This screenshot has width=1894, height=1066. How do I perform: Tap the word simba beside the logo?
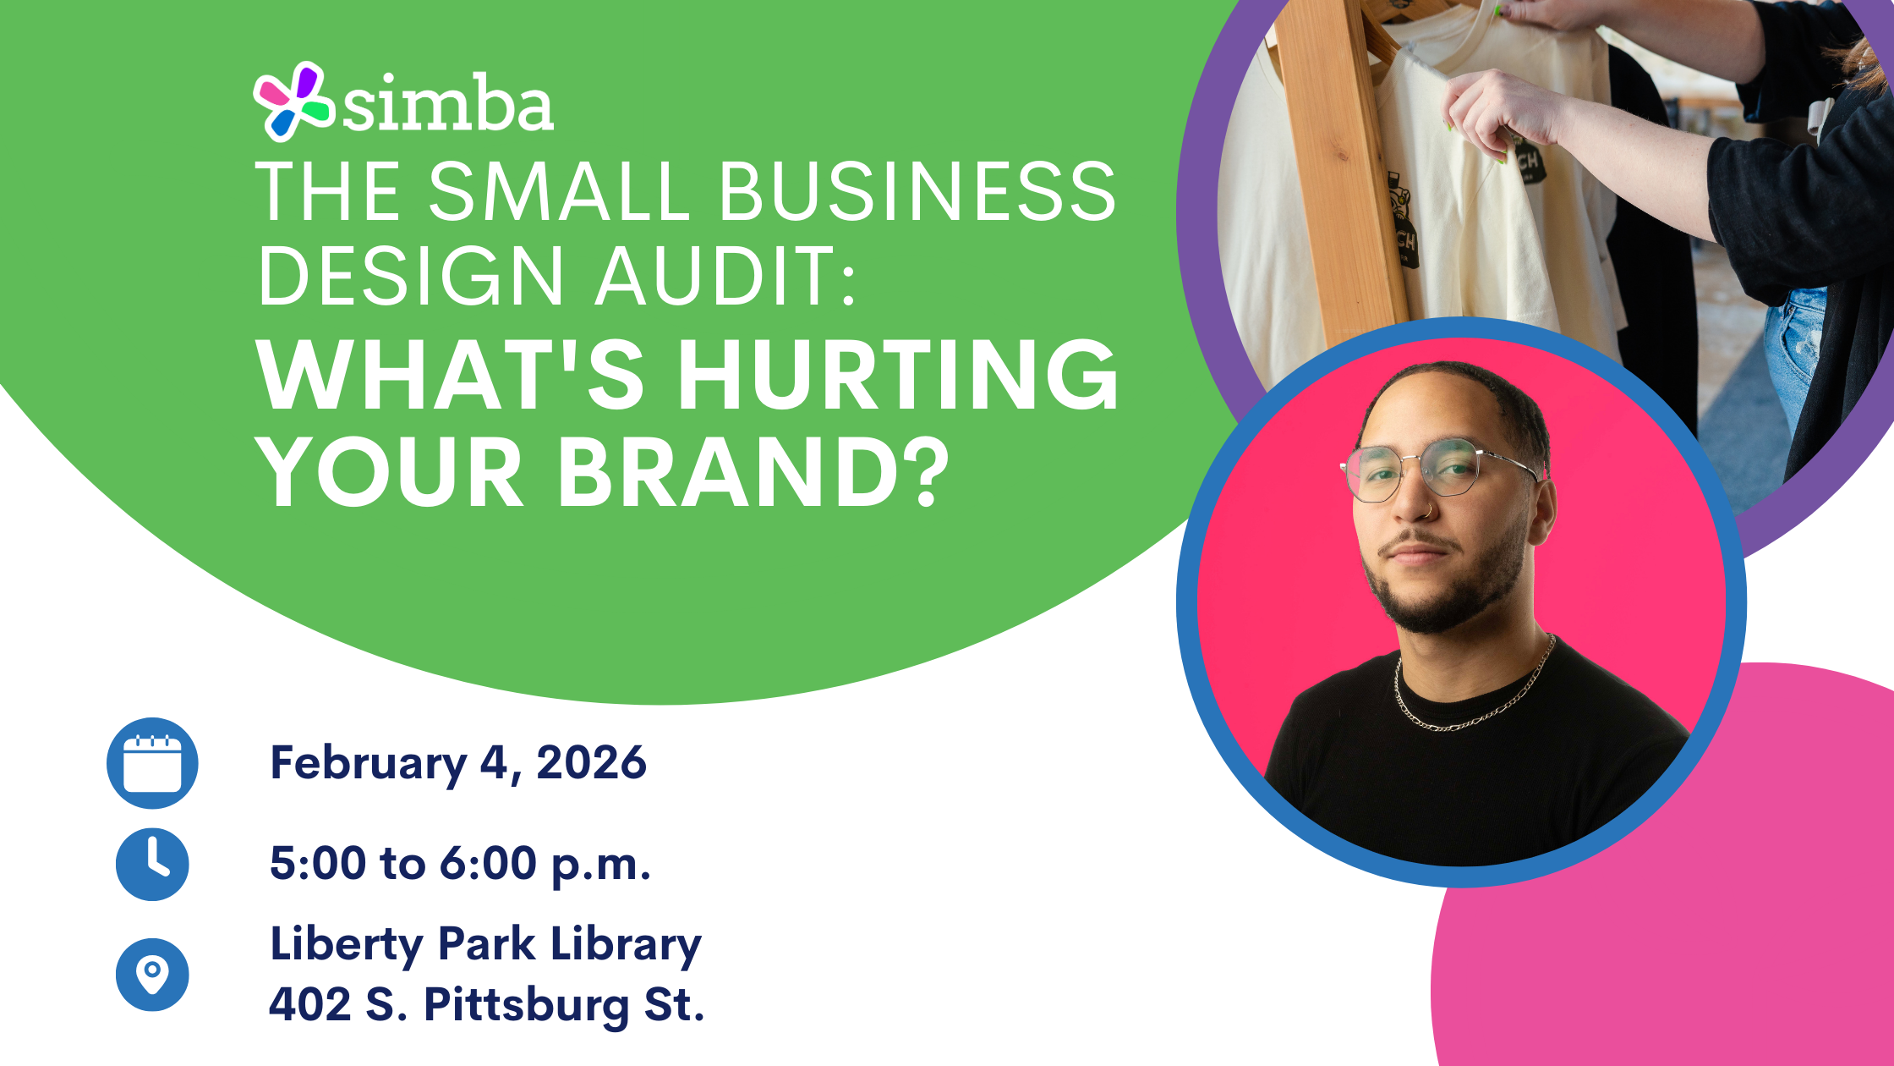pos(448,104)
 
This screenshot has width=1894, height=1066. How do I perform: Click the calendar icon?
pos(152,763)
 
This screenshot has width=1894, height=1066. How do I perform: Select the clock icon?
pos(152,864)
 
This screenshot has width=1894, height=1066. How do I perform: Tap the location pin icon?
pos(152,975)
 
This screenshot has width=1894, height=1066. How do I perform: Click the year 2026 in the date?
pos(591,763)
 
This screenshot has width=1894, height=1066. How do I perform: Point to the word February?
pos(368,765)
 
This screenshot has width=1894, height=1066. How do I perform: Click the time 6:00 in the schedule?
pos(488,864)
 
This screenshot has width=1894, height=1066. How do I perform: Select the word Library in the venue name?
pos(626,945)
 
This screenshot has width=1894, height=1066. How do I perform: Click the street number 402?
pos(309,1005)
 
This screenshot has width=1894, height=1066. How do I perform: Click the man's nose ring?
pos(1428,511)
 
